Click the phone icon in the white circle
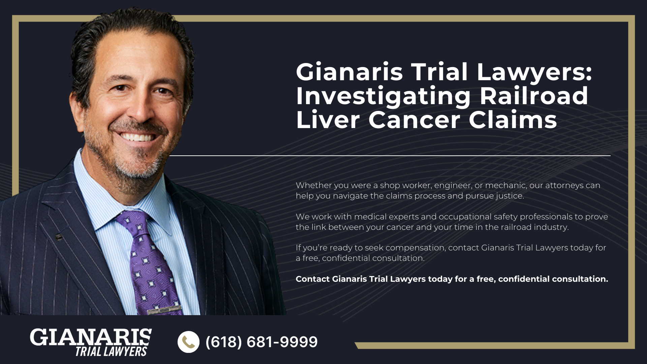(x=189, y=342)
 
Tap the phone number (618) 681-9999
(x=261, y=342)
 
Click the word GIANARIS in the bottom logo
(x=91, y=337)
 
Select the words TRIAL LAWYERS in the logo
(x=111, y=352)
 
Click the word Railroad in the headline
(x=534, y=96)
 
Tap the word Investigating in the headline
(x=383, y=96)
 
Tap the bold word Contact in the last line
(x=312, y=279)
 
